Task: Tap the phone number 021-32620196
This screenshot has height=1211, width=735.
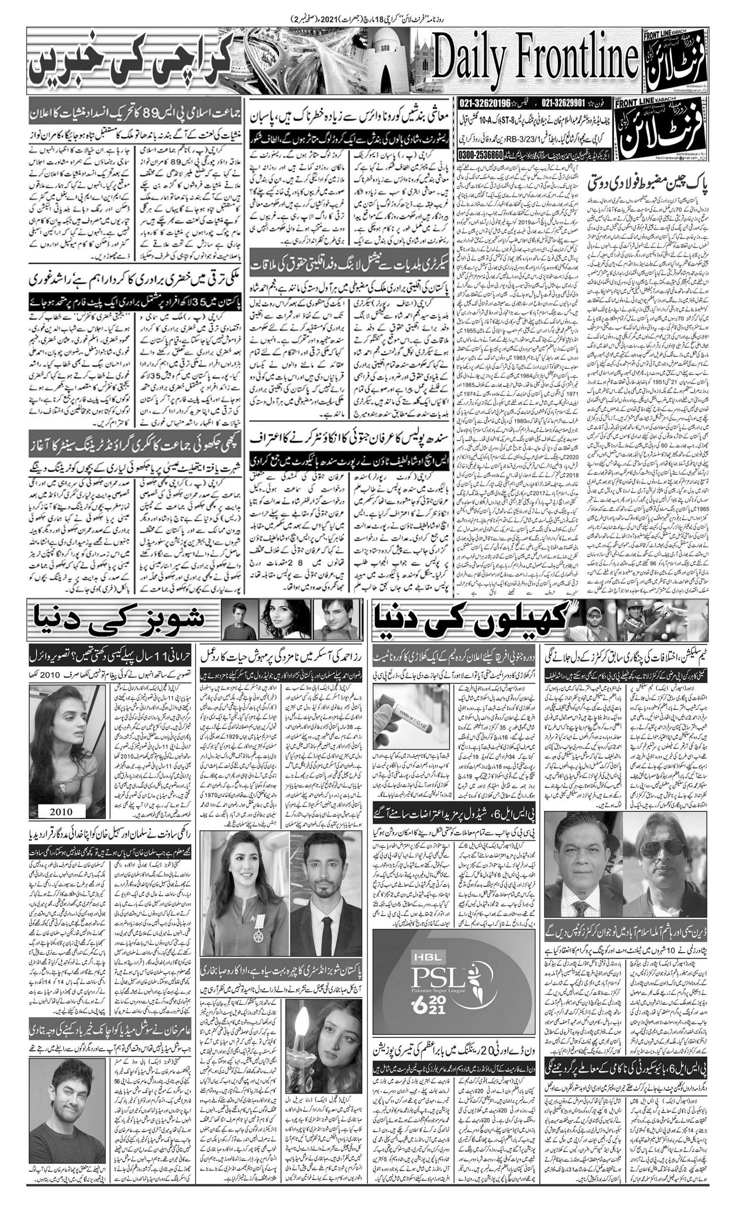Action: point(486,104)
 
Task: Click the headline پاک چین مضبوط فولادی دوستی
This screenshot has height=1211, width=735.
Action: point(648,186)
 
